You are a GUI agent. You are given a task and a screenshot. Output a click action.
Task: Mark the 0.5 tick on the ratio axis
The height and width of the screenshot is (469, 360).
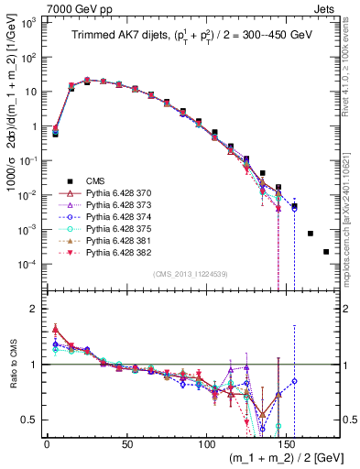(30, 420)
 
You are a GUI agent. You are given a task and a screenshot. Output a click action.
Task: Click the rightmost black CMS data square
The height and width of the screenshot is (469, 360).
(326, 252)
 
